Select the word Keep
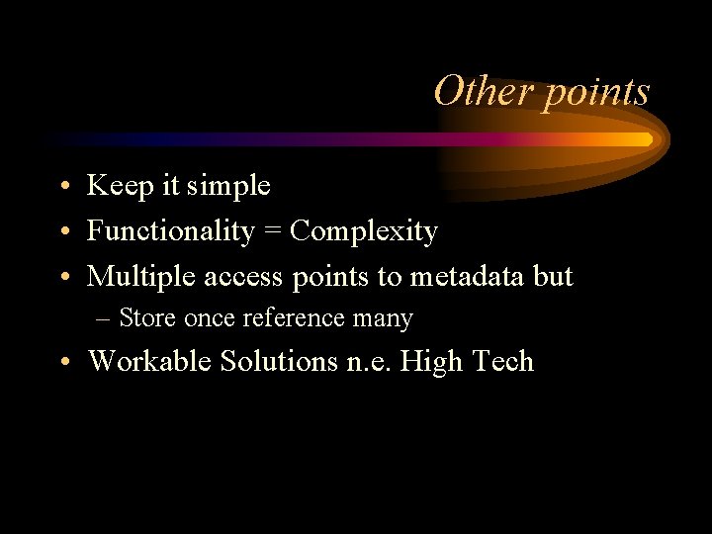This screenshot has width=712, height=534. click(x=116, y=185)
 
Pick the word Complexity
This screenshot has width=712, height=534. click(x=365, y=232)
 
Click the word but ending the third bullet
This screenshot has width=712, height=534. click(x=553, y=278)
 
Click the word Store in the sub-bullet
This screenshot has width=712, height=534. click(x=148, y=318)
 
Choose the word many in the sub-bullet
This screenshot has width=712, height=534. click(x=387, y=319)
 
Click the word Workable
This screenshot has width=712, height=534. click(x=150, y=361)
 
